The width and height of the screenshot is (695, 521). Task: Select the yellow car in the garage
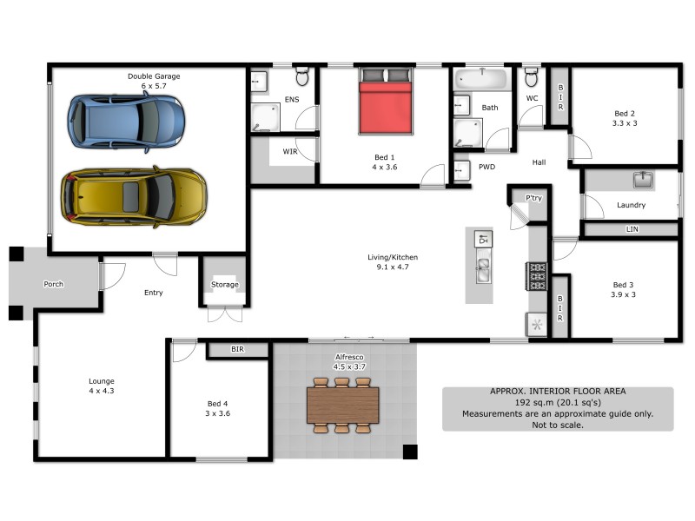[x=133, y=195]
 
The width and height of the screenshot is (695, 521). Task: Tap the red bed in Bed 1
[x=386, y=107]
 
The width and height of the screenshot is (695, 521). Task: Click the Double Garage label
[x=154, y=76]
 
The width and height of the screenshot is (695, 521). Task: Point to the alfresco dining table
[x=342, y=405]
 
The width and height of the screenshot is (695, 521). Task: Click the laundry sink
[x=643, y=180]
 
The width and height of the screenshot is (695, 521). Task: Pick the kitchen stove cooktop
[x=537, y=275]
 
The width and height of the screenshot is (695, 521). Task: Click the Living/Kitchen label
[x=393, y=257]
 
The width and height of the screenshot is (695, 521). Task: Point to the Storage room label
[x=224, y=285]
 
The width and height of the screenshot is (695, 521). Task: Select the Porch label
[x=53, y=284]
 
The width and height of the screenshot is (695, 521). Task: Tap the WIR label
[x=290, y=151]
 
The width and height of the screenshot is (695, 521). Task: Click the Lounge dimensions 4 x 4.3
[x=101, y=391]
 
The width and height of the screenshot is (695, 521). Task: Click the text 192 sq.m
[x=534, y=403]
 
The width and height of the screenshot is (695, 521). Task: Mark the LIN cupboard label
[x=632, y=229]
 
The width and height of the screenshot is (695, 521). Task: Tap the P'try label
[x=533, y=199]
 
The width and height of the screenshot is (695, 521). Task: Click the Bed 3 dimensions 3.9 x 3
[x=624, y=294]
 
